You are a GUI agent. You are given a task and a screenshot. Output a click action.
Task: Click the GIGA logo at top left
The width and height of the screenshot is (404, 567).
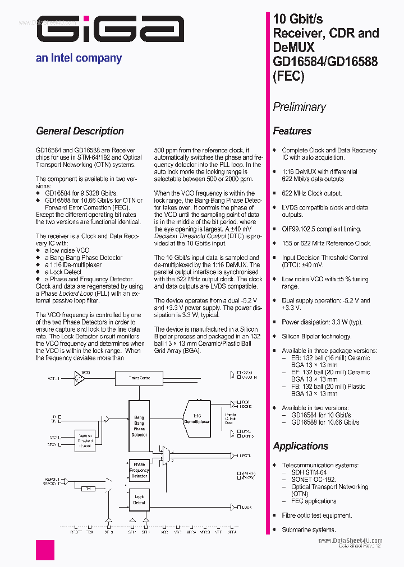[111, 29]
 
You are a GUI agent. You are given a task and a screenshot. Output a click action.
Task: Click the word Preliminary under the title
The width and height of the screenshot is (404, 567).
[299, 106]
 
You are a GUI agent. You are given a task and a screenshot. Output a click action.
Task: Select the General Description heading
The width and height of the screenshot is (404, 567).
[80, 131]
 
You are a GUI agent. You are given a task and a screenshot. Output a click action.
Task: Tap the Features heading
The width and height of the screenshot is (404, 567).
[292, 131]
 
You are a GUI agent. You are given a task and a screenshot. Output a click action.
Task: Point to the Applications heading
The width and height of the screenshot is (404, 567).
[301, 446]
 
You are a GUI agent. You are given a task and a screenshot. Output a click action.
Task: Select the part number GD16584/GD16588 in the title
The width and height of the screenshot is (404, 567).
[325, 62]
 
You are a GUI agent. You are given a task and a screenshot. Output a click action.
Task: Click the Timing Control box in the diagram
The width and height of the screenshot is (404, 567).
[139, 378]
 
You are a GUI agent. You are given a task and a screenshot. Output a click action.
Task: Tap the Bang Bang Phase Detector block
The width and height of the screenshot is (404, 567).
[139, 426]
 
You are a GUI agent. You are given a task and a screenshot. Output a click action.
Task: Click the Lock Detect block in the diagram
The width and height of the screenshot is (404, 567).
[139, 500]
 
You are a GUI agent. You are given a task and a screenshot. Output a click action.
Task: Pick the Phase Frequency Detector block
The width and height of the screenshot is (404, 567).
[139, 471]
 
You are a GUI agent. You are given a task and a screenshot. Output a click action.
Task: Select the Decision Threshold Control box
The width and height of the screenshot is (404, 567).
[85, 441]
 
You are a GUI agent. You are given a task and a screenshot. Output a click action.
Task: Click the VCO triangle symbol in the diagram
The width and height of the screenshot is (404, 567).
[80, 379]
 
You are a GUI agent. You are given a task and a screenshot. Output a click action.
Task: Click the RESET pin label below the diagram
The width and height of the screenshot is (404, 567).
[76, 532]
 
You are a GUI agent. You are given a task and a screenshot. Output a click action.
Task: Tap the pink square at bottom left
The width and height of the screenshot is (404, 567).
[45, 550]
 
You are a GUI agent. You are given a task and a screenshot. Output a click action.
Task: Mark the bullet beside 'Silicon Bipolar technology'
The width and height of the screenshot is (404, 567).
[274, 337]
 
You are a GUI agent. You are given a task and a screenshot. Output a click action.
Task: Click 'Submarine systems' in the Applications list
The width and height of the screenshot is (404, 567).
[309, 529]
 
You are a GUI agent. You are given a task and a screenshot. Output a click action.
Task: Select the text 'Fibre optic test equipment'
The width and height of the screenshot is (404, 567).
[317, 515]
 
